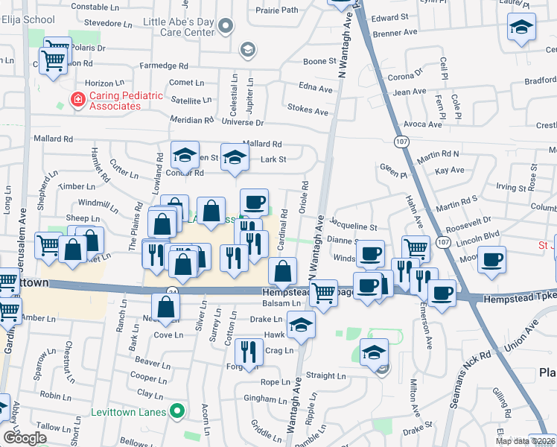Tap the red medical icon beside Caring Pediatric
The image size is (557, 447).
[77, 100]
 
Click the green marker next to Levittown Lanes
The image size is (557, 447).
[176, 410]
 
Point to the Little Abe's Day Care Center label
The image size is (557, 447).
[179, 27]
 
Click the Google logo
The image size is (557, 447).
[25, 438]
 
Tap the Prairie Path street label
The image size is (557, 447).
[276, 10]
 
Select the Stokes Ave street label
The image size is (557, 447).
[308, 112]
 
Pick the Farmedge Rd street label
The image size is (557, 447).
[160, 65]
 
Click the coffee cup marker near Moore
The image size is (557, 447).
[491, 261]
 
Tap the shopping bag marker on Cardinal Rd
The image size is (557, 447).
[283, 272]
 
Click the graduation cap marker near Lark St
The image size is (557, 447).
[235, 157]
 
